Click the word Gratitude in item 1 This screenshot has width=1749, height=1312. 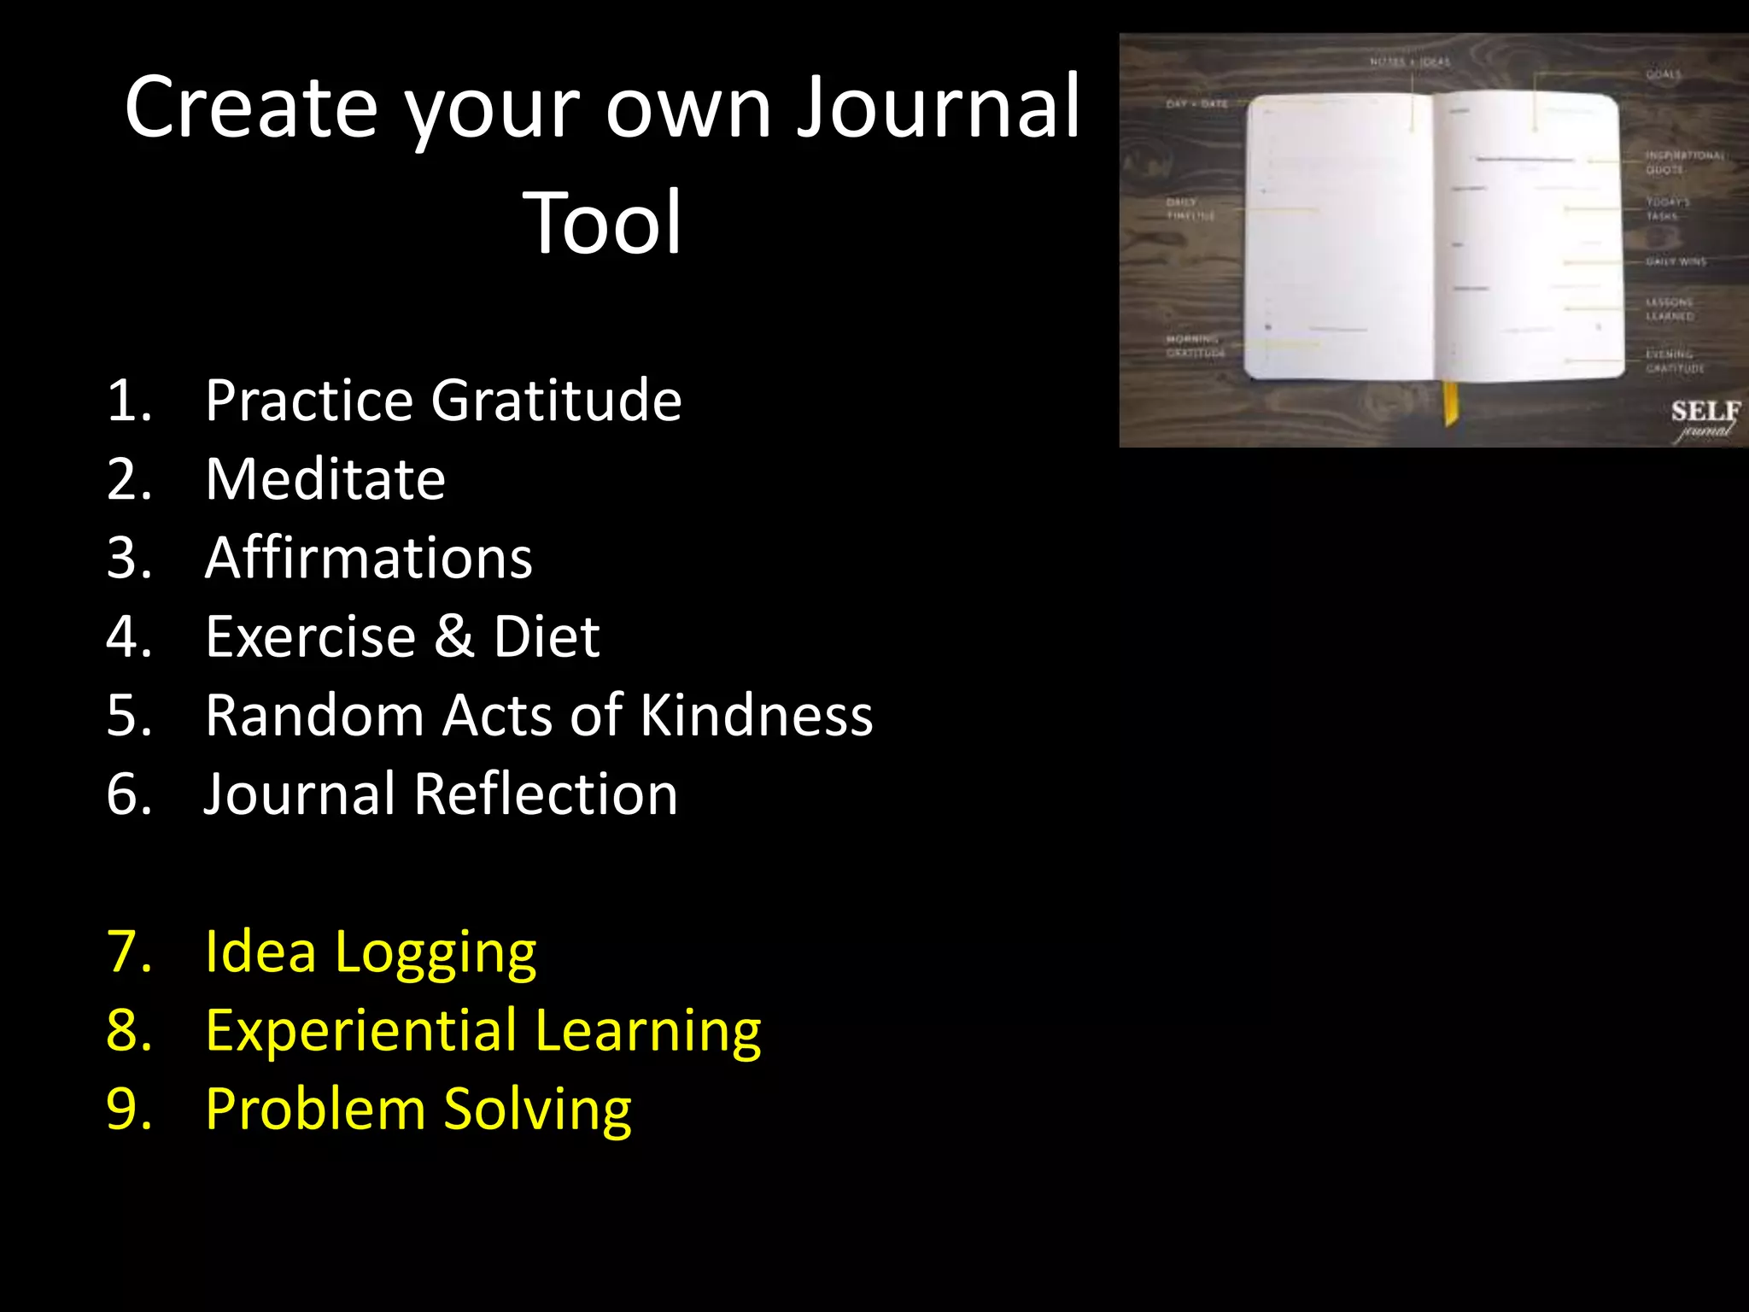pyautogui.click(x=556, y=400)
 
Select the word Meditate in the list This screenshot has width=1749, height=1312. pyautogui.click(x=325, y=478)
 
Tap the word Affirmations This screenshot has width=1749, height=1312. pyautogui.click(x=369, y=558)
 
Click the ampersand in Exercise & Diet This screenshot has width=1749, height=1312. pyautogui.click(x=453, y=636)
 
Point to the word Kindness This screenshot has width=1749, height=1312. pyautogui.click(x=756, y=715)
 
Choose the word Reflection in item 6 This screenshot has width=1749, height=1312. pyautogui.click(x=546, y=794)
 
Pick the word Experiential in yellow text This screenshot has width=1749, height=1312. pyautogui.click(x=361, y=1030)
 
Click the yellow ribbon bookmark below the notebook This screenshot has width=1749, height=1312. pyautogui.click(x=1450, y=403)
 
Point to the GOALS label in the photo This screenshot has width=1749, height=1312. pyautogui.click(x=1664, y=74)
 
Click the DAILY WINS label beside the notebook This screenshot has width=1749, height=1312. pyautogui.click(x=1676, y=261)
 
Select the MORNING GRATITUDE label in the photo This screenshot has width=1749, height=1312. pyautogui.click(x=1195, y=346)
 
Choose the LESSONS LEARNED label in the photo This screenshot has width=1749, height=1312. pyautogui.click(x=1670, y=309)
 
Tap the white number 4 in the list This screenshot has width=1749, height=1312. pyautogui.click(x=128, y=636)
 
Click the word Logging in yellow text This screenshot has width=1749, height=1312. pyautogui.click(x=436, y=952)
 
